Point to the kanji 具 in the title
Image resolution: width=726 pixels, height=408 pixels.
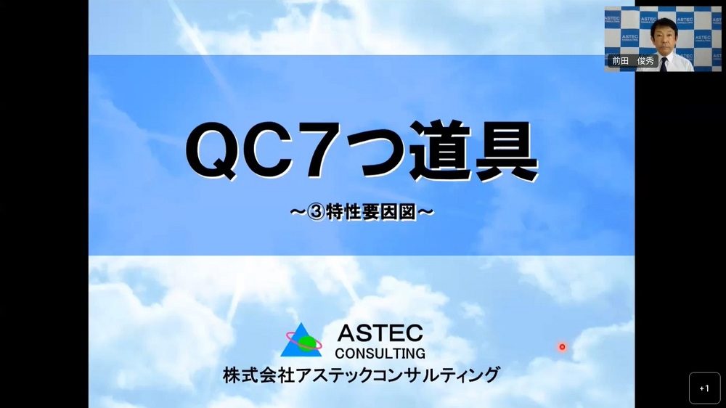(506, 151)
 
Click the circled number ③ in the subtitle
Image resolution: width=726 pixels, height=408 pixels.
(317, 213)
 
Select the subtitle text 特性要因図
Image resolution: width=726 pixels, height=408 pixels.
(371, 213)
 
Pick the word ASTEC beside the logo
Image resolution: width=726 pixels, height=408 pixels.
(380, 333)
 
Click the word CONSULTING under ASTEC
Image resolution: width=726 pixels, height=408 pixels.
(380, 354)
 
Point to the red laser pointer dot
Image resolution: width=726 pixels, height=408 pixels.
(562, 347)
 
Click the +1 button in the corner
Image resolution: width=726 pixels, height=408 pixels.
(704, 388)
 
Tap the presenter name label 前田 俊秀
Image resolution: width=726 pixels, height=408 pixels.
(633, 61)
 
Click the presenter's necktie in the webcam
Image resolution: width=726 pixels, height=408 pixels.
(664, 64)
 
